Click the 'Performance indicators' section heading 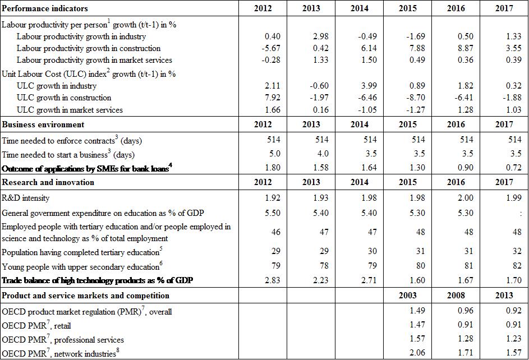[x=45, y=8]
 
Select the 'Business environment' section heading [x=43, y=124]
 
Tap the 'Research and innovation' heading [x=48, y=182]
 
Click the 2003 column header [x=408, y=296]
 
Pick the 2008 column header [x=456, y=296]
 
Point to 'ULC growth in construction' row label [x=65, y=98]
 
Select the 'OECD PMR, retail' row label [x=36, y=325]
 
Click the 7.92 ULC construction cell [x=265, y=98]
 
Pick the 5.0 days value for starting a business [x=267, y=154]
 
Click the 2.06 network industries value [x=410, y=353]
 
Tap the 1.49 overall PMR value [x=410, y=311]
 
